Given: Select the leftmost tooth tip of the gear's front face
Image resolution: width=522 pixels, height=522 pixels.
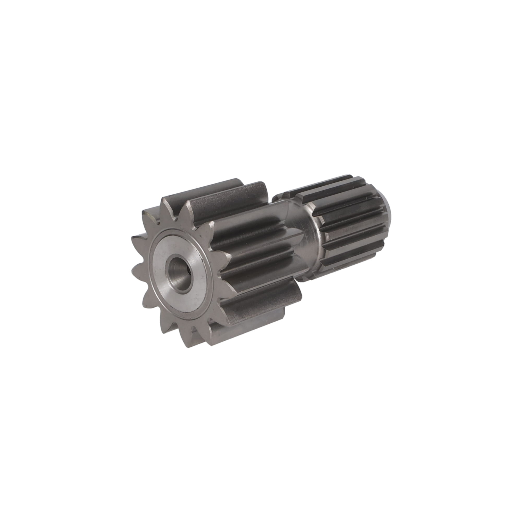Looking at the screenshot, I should pyautogui.click(x=133, y=238).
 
